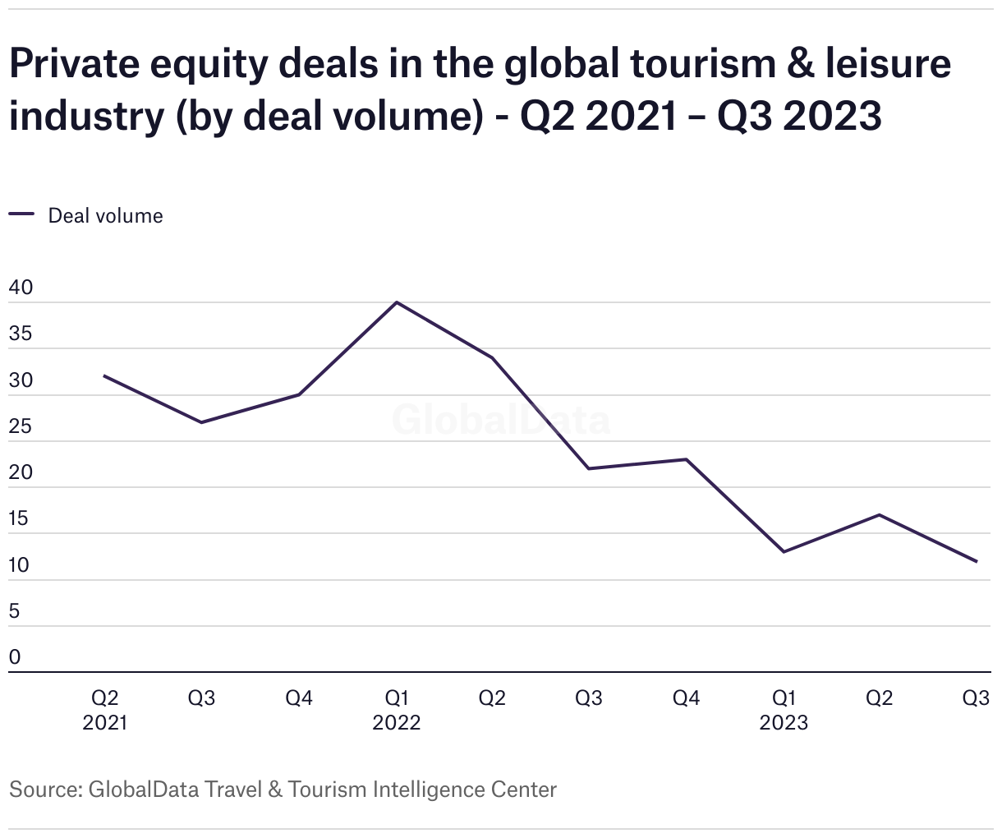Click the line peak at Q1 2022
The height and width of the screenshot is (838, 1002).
397,302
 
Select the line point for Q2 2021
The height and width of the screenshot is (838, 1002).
104,376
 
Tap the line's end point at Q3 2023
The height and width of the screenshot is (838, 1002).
977,561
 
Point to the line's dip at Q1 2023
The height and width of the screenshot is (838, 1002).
784,551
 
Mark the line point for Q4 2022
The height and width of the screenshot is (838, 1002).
687,459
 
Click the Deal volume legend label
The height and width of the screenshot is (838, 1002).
105,216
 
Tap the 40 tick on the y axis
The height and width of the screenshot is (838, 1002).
21,288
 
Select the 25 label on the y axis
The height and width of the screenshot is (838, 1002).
21,427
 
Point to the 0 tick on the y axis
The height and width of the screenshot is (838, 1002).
15,657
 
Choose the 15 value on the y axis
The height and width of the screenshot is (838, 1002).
20,519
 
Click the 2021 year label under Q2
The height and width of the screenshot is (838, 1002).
105,723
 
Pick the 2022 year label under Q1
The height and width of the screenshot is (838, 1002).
397,723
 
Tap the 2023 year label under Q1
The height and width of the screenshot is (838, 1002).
784,723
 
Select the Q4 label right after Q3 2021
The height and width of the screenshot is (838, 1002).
299,698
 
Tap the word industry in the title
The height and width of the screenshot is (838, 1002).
87,116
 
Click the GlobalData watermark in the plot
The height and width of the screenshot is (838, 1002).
501,420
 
